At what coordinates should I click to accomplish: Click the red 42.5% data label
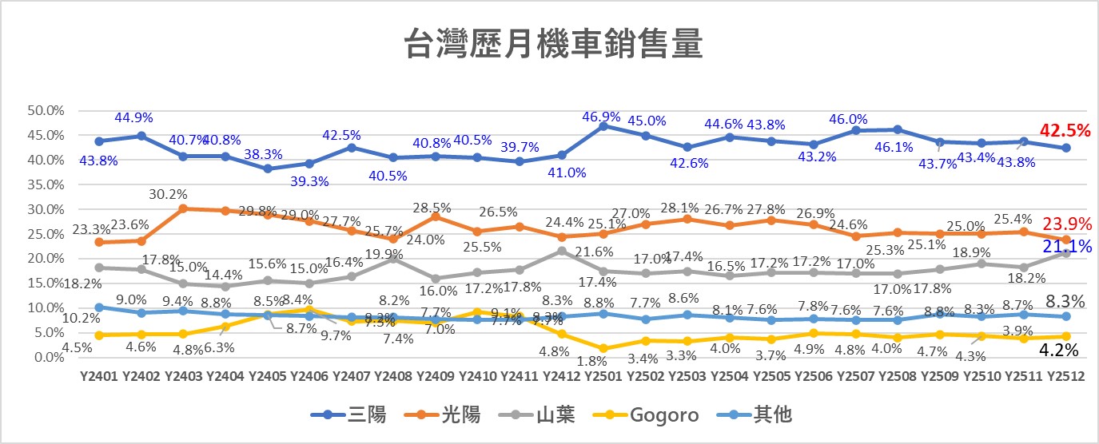[x=1066, y=131]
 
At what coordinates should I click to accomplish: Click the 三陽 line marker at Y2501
[x=603, y=126]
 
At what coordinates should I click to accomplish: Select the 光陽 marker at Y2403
[x=183, y=208]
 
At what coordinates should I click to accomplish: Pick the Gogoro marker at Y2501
[x=603, y=348]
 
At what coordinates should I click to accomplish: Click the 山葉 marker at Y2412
[x=561, y=251]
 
